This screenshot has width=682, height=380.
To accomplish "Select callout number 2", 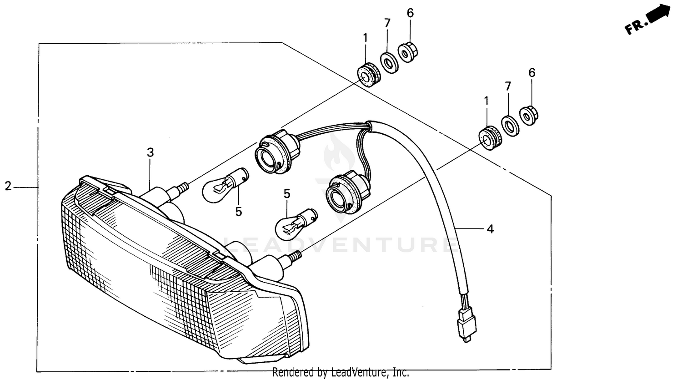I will pos(8,186).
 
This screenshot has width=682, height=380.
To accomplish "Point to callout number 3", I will pos(150,153).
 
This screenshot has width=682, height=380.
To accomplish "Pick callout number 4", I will pos(490,229).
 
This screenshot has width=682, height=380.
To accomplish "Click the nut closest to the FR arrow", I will pos(527,117).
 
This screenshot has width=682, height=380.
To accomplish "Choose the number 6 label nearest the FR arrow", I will pos(532,73).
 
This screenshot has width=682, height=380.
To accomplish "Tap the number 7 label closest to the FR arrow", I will pos(508,86).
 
